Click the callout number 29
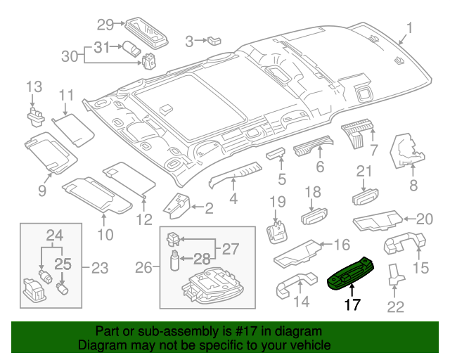(105, 25)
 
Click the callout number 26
(143, 268)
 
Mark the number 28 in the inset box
(202, 259)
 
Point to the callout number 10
(105, 233)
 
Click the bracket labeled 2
(179, 204)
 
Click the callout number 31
(103, 48)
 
